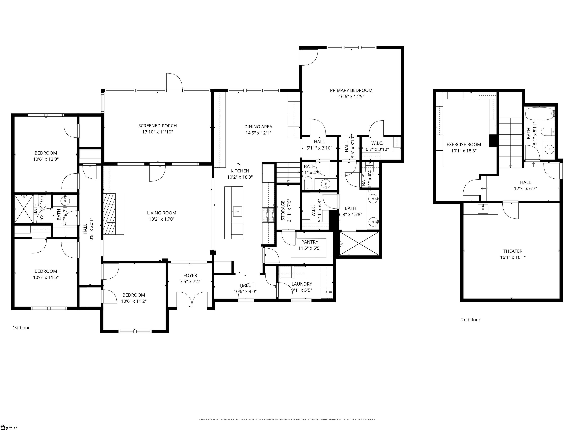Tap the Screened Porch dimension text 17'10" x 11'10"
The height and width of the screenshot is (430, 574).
coord(158,132)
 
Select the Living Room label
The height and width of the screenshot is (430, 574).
coord(161,213)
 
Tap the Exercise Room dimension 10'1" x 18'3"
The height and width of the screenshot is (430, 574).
coord(464,151)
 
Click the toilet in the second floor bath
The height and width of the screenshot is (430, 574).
coord(547,132)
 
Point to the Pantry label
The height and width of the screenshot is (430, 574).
coord(310,242)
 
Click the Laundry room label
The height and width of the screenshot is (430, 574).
coord(302,284)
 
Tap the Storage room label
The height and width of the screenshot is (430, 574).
coord(283,210)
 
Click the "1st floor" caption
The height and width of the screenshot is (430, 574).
coord(21,328)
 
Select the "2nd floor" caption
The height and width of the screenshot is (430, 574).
coord(470,320)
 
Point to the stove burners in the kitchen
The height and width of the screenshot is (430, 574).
coord(268,215)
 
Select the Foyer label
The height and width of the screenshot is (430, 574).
coord(190,275)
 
